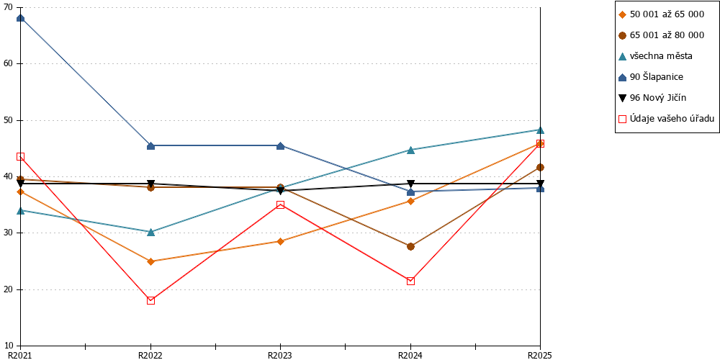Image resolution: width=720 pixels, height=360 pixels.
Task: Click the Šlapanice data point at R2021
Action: tap(20, 19)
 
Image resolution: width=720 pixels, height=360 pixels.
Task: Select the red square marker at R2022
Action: tap(150, 301)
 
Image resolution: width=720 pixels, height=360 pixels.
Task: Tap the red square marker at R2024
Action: tap(410, 281)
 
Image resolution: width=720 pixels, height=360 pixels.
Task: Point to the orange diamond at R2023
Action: tap(281, 241)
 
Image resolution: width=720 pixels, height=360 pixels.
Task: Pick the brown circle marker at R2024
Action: tap(410, 246)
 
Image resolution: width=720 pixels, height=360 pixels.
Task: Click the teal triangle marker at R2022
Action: tap(150, 232)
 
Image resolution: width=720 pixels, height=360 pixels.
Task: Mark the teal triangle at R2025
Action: tap(541, 130)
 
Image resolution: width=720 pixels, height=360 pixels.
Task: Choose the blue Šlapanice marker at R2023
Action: tap(281, 146)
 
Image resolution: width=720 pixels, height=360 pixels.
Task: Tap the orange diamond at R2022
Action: tap(150, 262)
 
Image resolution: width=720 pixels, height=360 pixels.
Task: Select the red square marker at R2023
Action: tap(281, 204)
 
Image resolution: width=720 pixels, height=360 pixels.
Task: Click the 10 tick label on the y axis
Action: tap(9, 346)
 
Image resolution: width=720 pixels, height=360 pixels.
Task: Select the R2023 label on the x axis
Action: tap(281, 355)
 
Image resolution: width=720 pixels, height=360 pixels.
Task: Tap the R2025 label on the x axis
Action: tap(541, 355)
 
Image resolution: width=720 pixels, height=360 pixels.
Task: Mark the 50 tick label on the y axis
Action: tap(9, 120)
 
